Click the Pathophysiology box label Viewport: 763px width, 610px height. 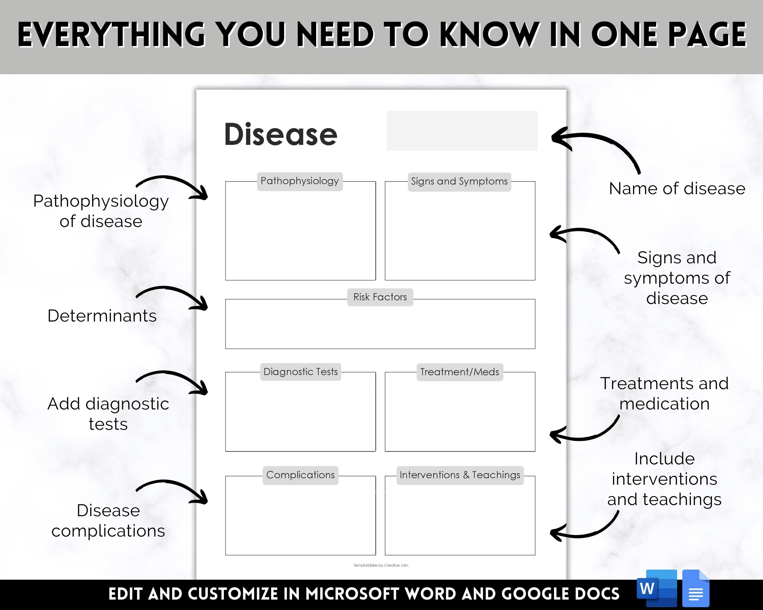tap(300, 181)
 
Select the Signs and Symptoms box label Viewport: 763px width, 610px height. tap(459, 182)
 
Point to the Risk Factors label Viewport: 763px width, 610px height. tap(380, 297)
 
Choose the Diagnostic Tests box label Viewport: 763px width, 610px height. tap(300, 372)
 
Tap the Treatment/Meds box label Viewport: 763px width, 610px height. tap(460, 372)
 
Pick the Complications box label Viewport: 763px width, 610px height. tap(300, 475)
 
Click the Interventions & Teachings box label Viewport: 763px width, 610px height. tap(460, 475)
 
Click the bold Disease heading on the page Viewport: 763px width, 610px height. tap(281, 134)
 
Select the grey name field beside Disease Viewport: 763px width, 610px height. tap(462, 130)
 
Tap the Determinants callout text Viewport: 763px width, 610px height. tap(102, 316)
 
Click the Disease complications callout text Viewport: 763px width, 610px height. tap(108, 521)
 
